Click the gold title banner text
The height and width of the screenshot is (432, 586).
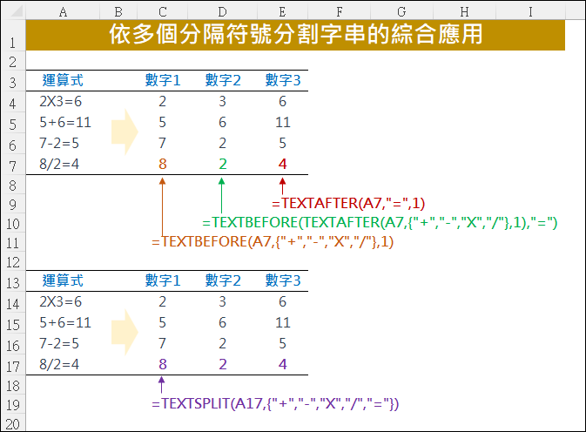[295, 34]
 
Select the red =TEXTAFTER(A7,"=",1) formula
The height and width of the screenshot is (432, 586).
[348, 203]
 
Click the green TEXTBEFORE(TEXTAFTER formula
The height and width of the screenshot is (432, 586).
[380, 223]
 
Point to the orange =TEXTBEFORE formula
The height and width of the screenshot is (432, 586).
[273, 242]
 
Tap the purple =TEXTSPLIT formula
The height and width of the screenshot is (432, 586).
[275, 404]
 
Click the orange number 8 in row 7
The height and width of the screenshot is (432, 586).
[163, 164]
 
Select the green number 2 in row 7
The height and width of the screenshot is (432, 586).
[222, 164]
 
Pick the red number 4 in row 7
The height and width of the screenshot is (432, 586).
[282, 164]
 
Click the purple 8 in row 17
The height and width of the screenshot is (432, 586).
[163, 364]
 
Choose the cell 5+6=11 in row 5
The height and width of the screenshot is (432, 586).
[65, 123]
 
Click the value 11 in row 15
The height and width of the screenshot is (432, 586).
[282, 323]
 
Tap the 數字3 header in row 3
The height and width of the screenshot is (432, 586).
[283, 80]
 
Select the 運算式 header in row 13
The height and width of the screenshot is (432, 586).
[63, 280]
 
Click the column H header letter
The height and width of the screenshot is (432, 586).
[465, 12]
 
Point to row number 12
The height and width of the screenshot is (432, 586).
[13, 262]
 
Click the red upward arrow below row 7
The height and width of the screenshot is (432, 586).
[282, 186]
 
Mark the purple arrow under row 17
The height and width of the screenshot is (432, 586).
[161, 385]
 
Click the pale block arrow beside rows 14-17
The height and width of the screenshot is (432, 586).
[125, 332]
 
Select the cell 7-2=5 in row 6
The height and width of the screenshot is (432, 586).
[59, 144]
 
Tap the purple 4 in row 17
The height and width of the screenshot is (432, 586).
[282, 364]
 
